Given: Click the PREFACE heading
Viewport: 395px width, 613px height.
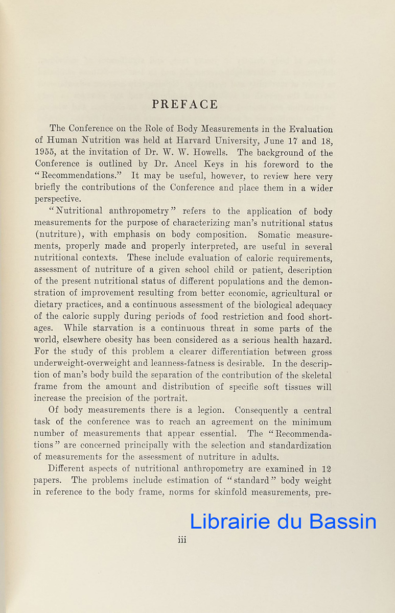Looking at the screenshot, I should pyautogui.click(x=185, y=104).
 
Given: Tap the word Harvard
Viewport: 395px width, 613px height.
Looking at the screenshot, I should pyautogui.click(x=220, y=141).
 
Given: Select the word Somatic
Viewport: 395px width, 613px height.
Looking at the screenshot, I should pyautogui.click(x=276, y=235).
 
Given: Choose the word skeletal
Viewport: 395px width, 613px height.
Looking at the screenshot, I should pyautogui.click(x=313, y=375).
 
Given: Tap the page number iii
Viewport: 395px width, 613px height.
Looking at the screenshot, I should pyautogui.click(x=182, y=539).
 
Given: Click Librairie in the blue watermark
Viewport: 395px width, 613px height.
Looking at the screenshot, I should pyautogui.click(x=229, y=521).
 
